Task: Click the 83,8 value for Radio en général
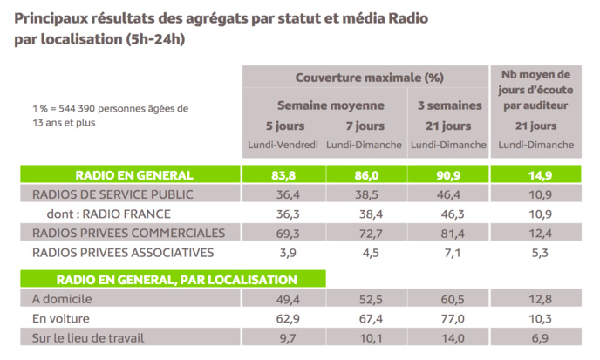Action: point(283,174)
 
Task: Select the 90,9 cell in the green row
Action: point(447,174)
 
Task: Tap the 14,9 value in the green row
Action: point(538,174)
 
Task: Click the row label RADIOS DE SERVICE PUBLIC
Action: point(112,194)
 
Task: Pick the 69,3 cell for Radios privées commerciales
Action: point(283,233)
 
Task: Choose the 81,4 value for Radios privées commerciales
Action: point(447,233)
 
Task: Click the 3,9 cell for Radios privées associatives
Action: point(283,253)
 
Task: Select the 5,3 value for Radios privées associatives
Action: point(538,253)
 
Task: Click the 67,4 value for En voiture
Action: point(365,319)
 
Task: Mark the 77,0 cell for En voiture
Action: point(447,319)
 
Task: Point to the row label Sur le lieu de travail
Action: point(87,338)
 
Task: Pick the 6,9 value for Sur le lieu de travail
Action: point(538,338)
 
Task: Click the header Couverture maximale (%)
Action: point(365,77)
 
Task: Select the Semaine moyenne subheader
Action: point(324,105)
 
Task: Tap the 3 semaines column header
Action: point(447,105)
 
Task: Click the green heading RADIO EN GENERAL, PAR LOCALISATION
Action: point(176,280)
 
